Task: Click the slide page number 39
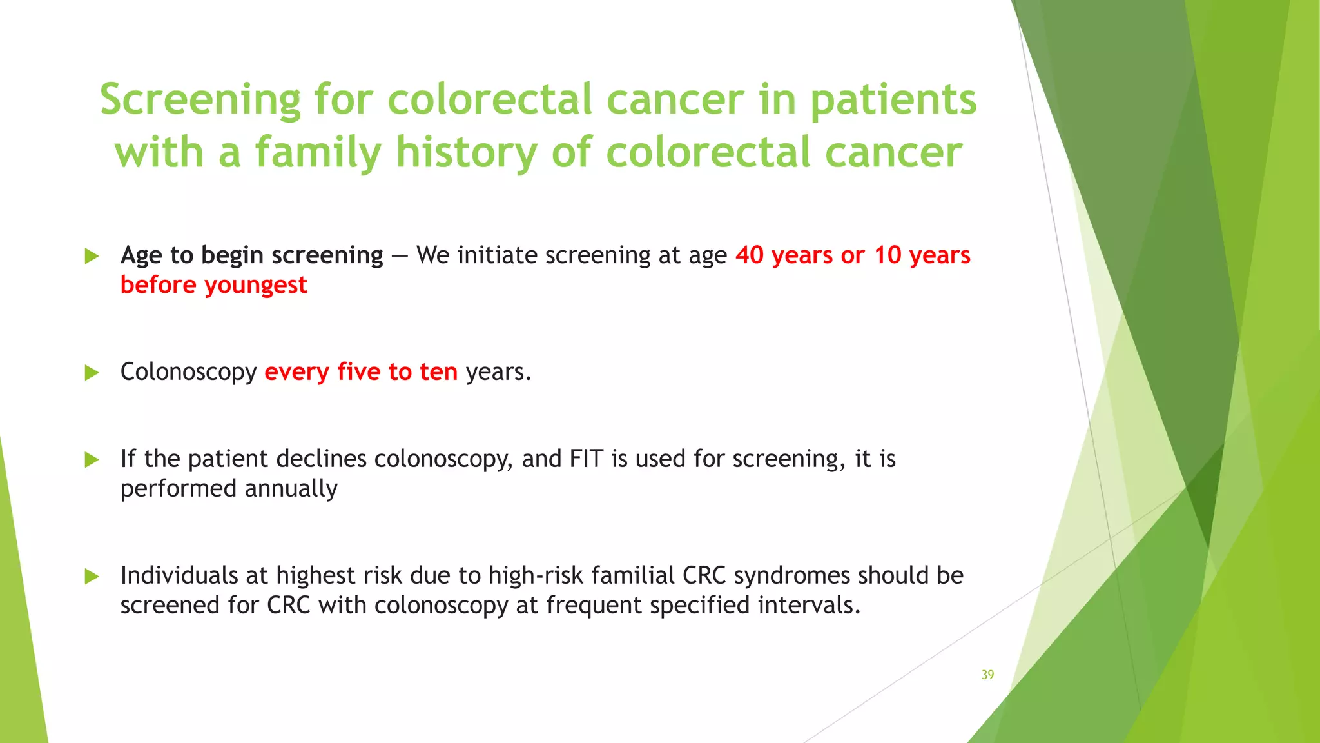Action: click(987, 675)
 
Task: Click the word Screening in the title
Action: click(200, 101)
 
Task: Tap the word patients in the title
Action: click(893, 101)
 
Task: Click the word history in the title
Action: click(466, 154)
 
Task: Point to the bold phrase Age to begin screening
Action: click(251, 255)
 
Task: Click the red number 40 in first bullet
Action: click(750, 255)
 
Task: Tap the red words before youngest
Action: click(213, 285)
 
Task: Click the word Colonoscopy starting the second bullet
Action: click(188, 373)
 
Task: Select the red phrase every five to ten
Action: click(361, 372)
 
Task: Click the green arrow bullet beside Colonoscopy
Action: click(92, 373)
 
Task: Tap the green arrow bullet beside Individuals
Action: click(92, 577)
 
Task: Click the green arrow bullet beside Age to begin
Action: click(92, 257)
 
